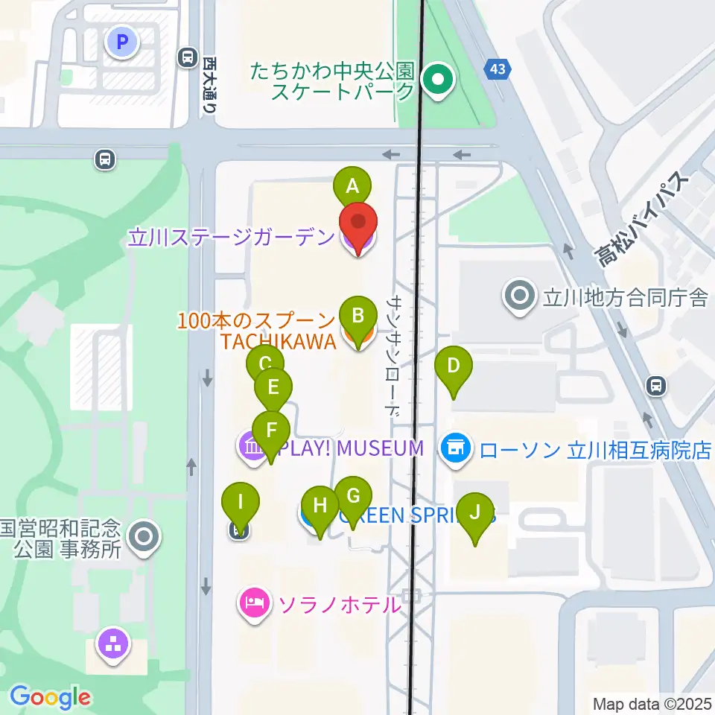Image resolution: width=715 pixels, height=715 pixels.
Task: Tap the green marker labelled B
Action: [357, 315]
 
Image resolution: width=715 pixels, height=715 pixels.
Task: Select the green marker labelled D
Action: [453, 366]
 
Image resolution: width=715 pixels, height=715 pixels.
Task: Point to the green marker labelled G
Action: [353, 496]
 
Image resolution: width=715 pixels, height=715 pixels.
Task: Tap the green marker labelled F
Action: [271, 430]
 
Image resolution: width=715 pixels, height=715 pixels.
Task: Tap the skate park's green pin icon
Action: [437, 79]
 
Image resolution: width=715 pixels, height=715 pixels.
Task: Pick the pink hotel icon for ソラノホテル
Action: [253, 602]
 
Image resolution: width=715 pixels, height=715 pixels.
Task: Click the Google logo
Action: [49, 697]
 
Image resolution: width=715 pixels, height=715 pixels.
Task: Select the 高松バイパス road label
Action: [643, 220]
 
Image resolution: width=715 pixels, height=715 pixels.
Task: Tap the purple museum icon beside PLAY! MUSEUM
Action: [251, 448]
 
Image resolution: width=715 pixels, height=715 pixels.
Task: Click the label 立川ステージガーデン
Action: [232, 238]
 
